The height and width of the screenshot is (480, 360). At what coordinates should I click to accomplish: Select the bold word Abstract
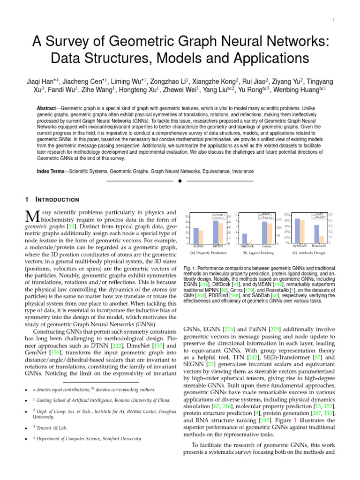click(x=48, y=108)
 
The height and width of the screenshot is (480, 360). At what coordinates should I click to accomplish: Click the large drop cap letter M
click(x=32, y=217)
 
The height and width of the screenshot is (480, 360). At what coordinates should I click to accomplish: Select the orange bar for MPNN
click(x=220, y=233)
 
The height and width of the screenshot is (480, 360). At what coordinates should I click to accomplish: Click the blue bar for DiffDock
click(x=244, y=238)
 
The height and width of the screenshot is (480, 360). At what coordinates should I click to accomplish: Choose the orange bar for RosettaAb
click(x=322, y=239)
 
